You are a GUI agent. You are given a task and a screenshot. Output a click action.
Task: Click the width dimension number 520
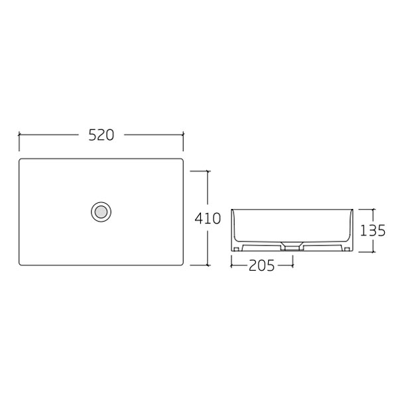tap(101, 135)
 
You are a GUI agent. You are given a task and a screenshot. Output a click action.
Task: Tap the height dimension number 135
tap(373, 231)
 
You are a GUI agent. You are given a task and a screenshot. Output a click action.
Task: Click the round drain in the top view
tap(101, 212)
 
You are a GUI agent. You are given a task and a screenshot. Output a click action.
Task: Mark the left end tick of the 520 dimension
tap(19, 135)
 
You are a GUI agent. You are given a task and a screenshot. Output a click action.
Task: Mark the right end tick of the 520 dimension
tap(183, 135)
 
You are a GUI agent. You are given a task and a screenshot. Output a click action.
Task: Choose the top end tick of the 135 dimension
tap(373, 208)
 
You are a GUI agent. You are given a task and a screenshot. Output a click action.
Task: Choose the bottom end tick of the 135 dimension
tap(373, 253)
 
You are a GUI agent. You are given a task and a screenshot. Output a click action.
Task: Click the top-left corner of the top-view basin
tap(21, 160)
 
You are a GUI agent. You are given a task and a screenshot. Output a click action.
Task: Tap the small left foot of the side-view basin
tap(235, 249)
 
